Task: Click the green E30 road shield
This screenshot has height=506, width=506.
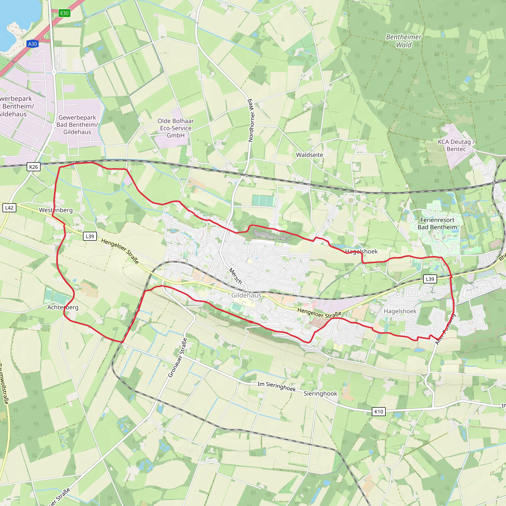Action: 64,13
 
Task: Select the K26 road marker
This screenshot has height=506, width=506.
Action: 34,167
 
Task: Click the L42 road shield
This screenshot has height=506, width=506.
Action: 9,208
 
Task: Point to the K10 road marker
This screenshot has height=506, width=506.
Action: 379,411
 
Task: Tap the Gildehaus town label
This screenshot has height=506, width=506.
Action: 246,295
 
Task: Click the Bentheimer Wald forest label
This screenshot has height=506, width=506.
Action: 404,41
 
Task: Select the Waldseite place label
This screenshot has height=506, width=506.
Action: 309,155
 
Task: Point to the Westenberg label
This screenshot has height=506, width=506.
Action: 56,210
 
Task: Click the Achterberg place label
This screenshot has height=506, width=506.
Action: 63,307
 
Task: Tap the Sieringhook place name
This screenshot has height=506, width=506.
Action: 320,393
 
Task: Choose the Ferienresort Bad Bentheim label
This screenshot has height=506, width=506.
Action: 437,223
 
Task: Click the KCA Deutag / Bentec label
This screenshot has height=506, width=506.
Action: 456,145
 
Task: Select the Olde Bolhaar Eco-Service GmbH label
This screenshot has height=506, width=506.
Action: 175,128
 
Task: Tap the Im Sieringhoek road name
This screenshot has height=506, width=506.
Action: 276,386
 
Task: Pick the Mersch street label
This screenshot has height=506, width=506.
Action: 235,276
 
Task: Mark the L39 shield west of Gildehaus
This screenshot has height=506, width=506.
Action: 90,236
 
